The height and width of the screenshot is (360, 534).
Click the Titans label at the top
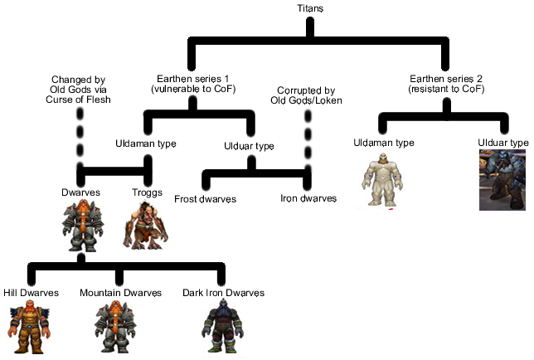310,8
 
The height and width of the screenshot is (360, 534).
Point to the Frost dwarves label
206,199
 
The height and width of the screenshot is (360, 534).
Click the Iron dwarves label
308,199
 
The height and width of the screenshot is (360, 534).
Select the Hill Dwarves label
32,294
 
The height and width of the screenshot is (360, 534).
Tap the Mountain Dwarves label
119,294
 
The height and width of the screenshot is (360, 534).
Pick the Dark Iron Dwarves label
223,294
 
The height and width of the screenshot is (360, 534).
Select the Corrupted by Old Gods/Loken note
308,95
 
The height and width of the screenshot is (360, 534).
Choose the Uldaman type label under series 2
384,144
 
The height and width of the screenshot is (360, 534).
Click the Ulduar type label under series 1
249,147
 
